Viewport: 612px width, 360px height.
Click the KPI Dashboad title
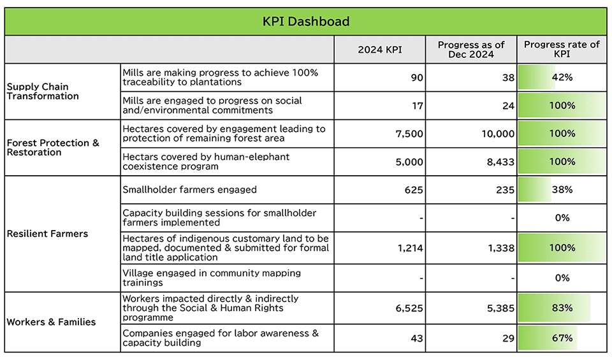click(306, 22)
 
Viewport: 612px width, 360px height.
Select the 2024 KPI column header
click(380, 50)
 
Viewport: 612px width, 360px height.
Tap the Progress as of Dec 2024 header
click(471, 50)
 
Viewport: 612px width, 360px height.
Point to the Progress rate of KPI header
click(562, 50)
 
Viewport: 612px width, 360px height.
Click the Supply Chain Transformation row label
click(43, 91)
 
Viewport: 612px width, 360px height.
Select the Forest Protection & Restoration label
click(53, 147)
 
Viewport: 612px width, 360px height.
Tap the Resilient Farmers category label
click(47, 234)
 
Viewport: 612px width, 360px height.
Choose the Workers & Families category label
click(51, 322)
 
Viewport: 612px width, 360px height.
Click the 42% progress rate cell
click(562, 78)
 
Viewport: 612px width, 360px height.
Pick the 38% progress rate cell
click(562, 190)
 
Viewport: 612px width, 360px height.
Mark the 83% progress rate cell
click(562, 308)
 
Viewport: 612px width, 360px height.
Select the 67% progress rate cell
click(562, 338)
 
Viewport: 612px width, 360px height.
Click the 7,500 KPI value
click(409, 134)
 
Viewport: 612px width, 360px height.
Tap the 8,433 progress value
click(500, 162)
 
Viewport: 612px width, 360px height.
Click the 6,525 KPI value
click(409, 308)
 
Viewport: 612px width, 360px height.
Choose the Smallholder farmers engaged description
click(189, 190)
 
